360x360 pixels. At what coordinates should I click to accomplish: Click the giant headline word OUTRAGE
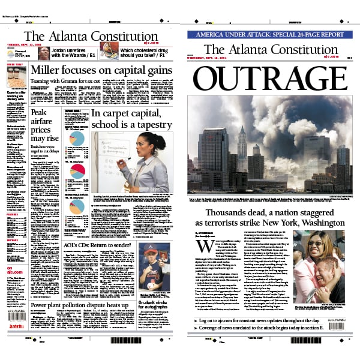click(x=271, y=78)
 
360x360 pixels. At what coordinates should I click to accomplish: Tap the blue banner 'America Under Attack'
click(x=271, y=35)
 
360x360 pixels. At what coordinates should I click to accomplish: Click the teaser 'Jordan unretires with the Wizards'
click(x=75, y=52)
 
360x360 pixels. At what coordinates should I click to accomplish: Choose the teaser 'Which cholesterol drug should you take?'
click(x=146, y=52)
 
